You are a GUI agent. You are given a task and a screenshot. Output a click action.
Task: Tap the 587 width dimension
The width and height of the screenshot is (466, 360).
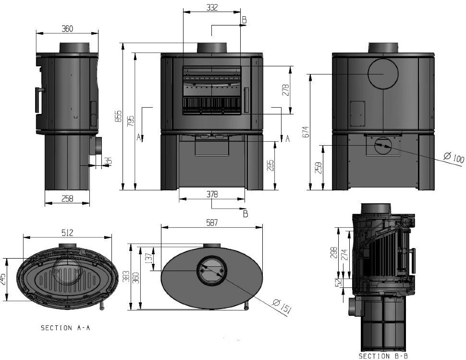[212, 223]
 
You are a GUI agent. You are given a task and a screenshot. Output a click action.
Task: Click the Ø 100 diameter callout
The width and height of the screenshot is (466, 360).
[454, 158]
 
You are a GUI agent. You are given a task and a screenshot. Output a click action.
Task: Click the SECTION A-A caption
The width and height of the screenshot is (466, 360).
[66, 328]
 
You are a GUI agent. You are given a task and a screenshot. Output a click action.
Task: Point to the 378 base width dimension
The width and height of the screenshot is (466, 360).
[212, 195]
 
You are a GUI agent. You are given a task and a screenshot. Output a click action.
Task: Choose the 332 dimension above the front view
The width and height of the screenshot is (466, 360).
[212, 8]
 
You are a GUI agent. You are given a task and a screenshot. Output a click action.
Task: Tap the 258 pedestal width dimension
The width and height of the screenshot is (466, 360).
[67, 199]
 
